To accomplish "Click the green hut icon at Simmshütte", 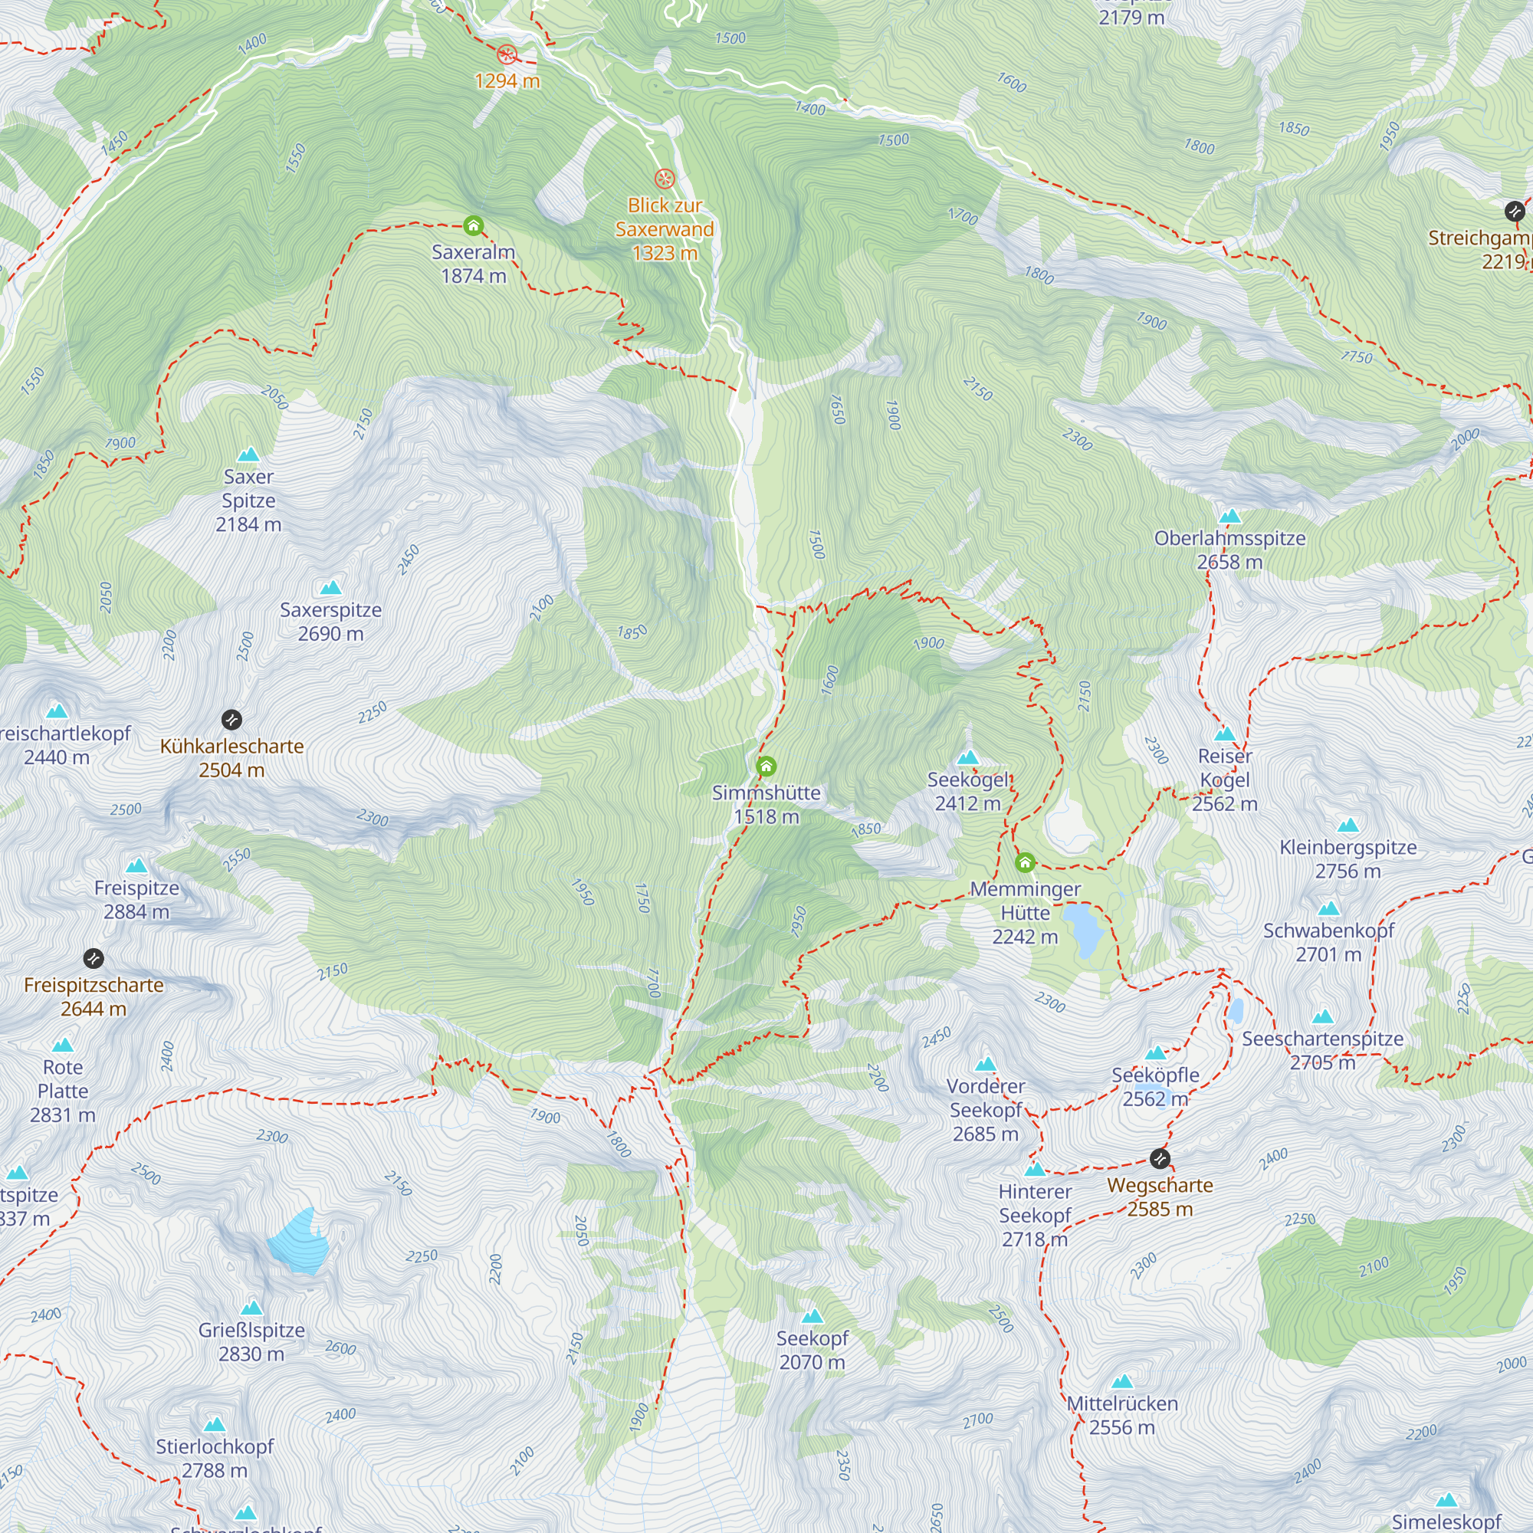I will point(766,766).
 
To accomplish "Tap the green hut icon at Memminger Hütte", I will point(1024,862).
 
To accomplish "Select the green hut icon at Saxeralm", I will point(474,226).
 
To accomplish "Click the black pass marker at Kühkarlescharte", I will point(231,720).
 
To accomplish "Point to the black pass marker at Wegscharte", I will point(1159,1158).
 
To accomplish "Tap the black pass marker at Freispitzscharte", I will point(94,959).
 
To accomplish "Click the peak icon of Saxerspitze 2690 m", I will point(331,588).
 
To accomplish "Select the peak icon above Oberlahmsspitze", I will point(1229,517).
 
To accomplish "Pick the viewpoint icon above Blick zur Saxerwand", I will point(664,179).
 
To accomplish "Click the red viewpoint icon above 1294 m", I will point(507,54).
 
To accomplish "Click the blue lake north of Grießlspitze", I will point(299,1242).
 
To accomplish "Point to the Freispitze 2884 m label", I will point(136,900).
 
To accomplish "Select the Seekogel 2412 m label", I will point(967,791).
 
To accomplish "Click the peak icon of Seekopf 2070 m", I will point(812,1317).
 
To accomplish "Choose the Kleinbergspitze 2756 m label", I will point(1348,858).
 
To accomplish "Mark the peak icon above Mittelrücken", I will point(1121,1382).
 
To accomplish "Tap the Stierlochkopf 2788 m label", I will point(215,1459).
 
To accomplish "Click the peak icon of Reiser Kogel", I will point(1224,734).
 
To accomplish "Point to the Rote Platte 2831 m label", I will point(63,1090).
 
